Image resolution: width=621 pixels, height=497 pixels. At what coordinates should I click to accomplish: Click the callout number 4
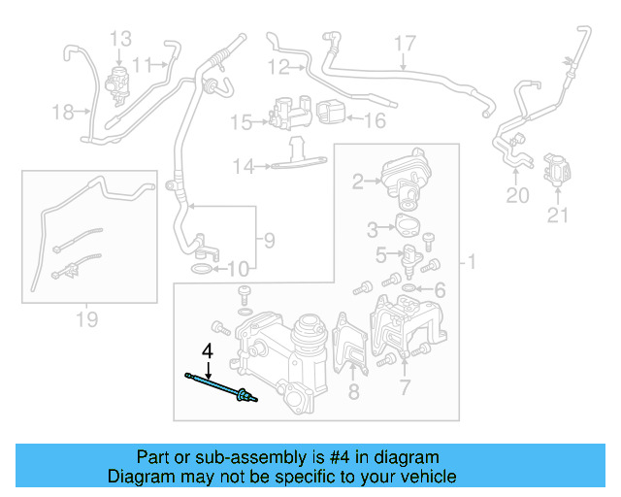pos(206,350)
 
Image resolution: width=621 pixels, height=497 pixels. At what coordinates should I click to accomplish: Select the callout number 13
pos(120,39)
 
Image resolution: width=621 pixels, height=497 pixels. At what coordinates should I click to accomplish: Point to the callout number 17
pos(404,43)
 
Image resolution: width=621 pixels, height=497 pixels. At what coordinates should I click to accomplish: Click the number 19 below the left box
pos(86,318)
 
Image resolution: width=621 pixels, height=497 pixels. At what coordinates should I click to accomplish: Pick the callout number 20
pos(517,196)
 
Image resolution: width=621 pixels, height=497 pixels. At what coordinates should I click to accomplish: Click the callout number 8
pos(353,391)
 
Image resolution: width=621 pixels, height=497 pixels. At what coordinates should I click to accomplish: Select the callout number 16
pos(375,121)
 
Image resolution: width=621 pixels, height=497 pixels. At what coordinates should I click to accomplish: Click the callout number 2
pos(358,182)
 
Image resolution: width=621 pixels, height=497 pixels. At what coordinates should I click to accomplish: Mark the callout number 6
pos(440,290)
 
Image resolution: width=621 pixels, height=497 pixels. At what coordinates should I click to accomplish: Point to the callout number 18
pos(63,113)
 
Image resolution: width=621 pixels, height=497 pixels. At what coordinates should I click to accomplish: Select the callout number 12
pos(278,67)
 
